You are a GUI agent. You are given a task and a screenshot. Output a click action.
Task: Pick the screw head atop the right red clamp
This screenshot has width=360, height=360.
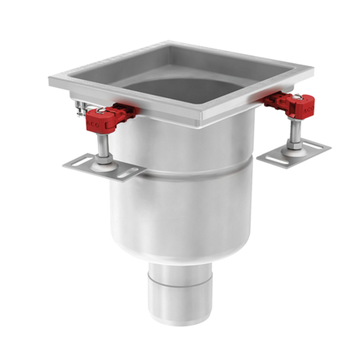coord(296,98)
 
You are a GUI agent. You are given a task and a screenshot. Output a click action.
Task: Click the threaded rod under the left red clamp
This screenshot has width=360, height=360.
coord(105,144)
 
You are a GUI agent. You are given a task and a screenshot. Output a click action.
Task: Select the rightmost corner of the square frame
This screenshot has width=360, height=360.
coord(314,71)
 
